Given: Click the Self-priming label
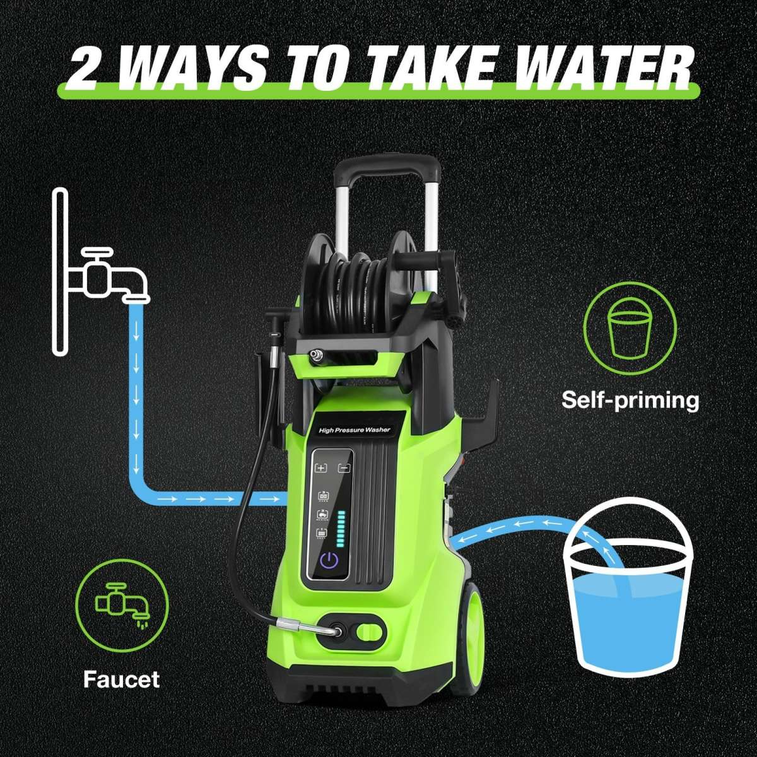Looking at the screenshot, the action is point(630,400).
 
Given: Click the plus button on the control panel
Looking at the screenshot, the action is point(322,467).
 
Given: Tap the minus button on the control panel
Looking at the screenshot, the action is point(344,468).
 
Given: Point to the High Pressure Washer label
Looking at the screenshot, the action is point(355,431).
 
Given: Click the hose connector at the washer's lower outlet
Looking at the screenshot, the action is point(310,631).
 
